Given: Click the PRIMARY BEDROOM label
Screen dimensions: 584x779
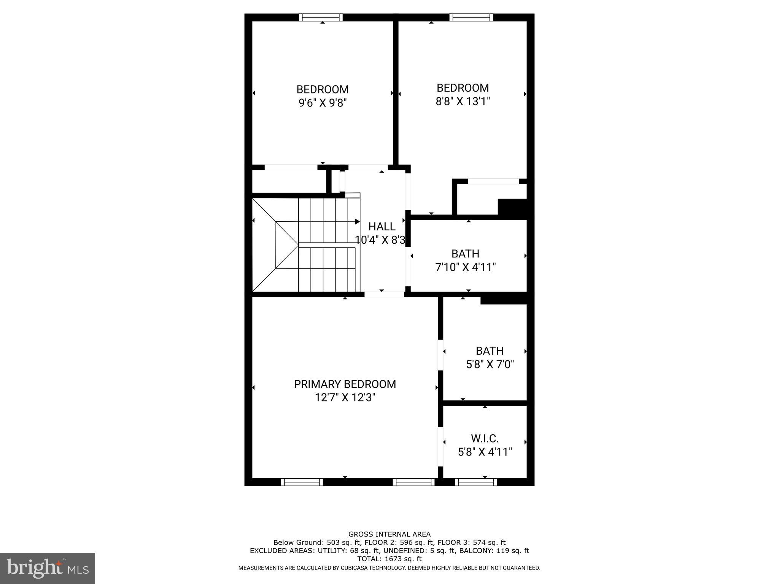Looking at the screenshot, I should (345, 384).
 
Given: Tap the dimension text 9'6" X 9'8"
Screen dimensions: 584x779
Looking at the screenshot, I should (323, 103).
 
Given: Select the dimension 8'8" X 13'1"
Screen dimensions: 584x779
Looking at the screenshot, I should (463, 102).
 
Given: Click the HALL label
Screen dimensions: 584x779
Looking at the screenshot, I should (382, 227).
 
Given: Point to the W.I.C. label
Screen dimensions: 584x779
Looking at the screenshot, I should (485, 438).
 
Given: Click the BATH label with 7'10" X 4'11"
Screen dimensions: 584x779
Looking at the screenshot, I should (465, 254).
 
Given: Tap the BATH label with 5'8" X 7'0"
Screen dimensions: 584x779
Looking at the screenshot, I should (490, 351).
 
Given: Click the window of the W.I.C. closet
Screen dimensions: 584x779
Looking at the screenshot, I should (475, 482).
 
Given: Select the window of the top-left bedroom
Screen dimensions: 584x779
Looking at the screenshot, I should (320, 17).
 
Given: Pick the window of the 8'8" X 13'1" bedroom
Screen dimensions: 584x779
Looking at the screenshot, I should (471, 17).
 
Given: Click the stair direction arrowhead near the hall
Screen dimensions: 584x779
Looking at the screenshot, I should (357, 222).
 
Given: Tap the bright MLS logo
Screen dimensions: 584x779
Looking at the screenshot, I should (48, 568).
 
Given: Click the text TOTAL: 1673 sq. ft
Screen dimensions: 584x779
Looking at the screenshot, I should (389, 559).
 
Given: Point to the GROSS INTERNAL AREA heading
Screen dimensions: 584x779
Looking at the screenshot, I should (389, 534).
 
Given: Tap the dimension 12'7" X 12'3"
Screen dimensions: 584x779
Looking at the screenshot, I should (345, 398).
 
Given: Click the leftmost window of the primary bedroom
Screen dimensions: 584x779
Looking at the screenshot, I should (302, 482).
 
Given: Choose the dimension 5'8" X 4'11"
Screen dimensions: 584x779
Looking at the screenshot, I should (485, 452).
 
